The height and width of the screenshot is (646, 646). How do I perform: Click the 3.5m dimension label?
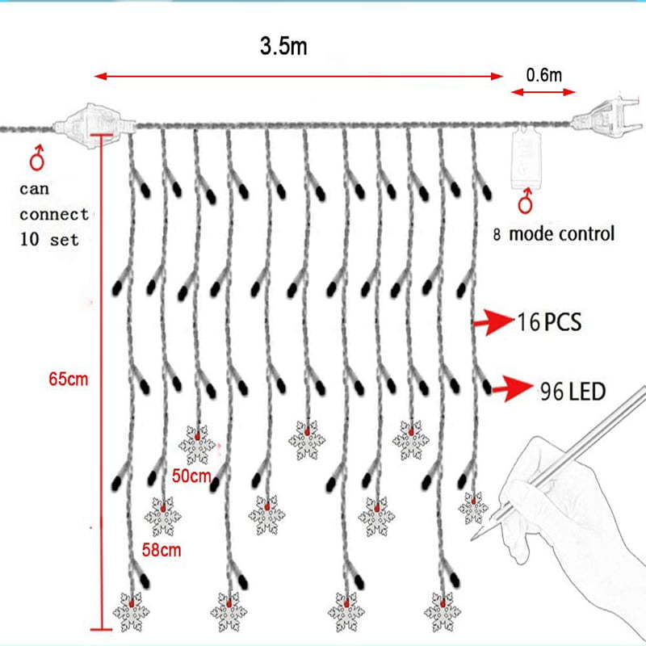pyautogui.click(x=283, y=46)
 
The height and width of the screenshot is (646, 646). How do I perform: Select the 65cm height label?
pyautogui.click(x=68, y=377)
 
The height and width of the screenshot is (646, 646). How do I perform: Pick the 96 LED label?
pyautogui.click(x=572, y=392)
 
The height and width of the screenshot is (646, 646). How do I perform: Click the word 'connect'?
pyautogui.click(x=54, y=215)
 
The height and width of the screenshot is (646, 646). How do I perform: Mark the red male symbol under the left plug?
pyautogui.click(x=36, y=158)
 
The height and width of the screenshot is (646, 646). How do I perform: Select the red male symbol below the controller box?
pyautogui.click(x=527, y=201)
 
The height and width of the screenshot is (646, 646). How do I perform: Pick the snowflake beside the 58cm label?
pyautogui.click(x=162, y=516)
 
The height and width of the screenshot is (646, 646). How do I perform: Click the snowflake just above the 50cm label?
pyautogui.click(x=196, y=443)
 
